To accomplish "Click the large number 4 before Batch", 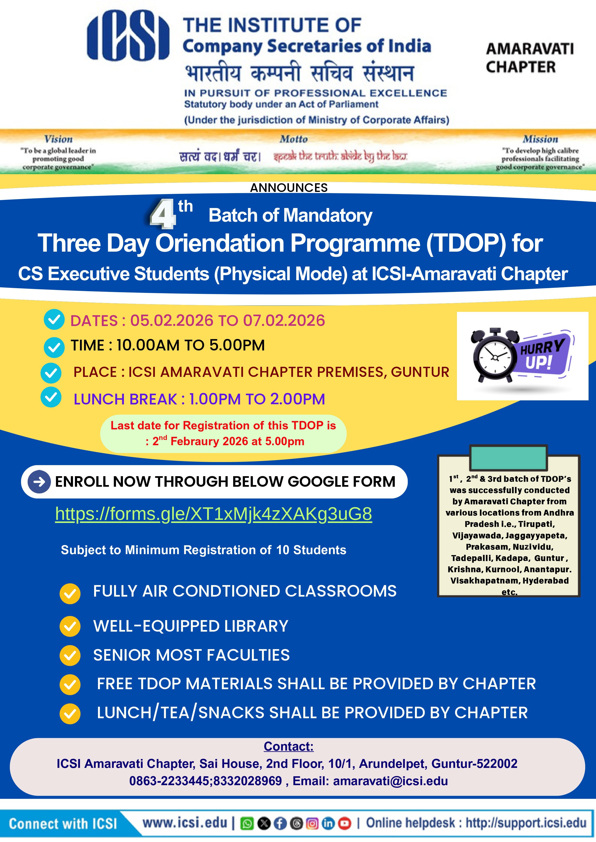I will (x=163, y=214).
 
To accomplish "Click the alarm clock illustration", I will (x=494, y=355).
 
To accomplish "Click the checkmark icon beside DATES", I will (x=54, y=320).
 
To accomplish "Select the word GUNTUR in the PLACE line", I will (x=420, y=372).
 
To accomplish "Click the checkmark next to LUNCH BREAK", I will (x=51, y=397).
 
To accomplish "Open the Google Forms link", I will (x=213, y=514).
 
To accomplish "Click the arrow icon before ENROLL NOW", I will (x=39, y=481).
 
